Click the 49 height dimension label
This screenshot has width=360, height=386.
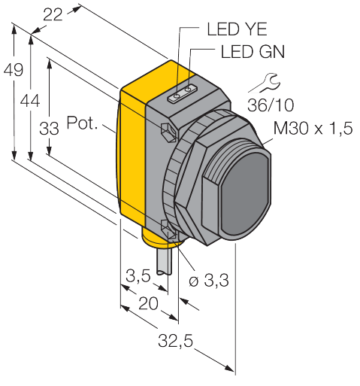(x=14, y=69)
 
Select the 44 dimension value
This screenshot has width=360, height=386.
(x=30, y=102)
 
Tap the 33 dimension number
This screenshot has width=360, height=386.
(x=49, y=129)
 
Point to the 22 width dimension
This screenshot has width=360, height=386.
(x=53, y=15)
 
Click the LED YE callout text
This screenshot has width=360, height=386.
(x=237, y=29)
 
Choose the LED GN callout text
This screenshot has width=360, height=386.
(x=253, y=52)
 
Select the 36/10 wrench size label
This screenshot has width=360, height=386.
(x=271, y=105)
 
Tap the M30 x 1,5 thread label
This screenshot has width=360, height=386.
(x=313, y=128)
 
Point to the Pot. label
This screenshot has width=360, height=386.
(x=82, y=123)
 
